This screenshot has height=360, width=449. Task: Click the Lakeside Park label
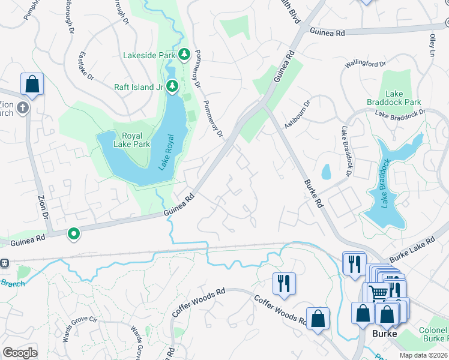click(x=148, y=55)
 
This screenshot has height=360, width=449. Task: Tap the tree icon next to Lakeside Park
click(x=184, y=55)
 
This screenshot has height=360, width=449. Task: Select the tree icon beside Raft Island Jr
click(x=173, y=86)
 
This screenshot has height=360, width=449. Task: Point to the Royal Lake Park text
click(x=131, y=140)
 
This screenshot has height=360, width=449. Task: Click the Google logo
click(x=20, y=352)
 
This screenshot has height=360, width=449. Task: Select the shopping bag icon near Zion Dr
click(x=32, y=85)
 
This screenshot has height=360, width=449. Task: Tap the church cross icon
click(x=22, y=107)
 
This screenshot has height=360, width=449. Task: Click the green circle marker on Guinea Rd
click(x=74, y=233)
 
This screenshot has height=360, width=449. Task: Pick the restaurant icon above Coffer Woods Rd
click(x=283, y=283)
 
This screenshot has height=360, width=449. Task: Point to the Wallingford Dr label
click(x=365, y=64)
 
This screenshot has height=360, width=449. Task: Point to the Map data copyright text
click(x=423, y=355)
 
